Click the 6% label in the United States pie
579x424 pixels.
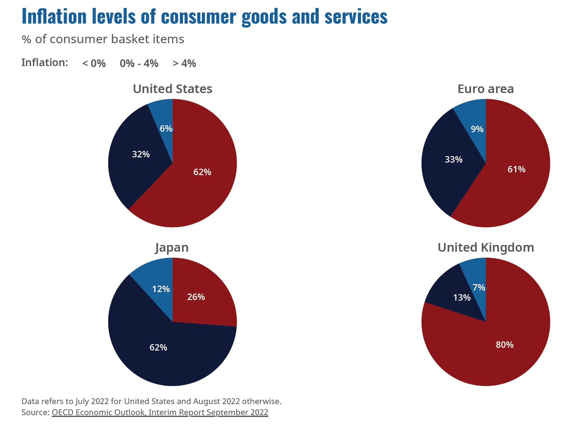166,129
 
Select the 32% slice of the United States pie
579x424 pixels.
141,154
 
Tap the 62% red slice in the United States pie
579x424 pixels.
202,172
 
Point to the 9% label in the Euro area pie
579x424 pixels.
477,129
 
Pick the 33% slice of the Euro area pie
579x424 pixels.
453,159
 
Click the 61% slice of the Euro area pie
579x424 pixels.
517,169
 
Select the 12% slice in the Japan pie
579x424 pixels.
161,289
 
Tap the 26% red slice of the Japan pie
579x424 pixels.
196,297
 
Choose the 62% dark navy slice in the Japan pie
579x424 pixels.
158,347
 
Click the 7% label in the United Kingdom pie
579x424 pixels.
479,287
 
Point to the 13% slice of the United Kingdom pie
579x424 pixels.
462,298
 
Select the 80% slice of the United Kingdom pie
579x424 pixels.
505,345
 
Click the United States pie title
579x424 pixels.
172,89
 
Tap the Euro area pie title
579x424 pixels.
486,89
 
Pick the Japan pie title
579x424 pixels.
172,248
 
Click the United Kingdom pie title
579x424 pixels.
486,248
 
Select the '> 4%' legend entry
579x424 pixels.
184,63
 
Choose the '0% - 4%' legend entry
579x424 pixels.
139,63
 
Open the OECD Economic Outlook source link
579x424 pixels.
160,412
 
